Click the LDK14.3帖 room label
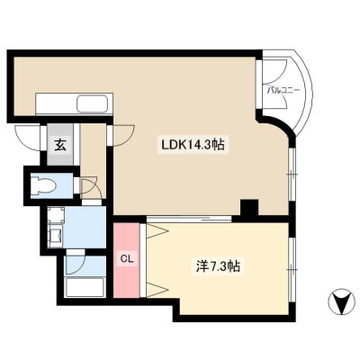193,145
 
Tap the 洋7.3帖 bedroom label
218,265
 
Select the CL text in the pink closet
126,259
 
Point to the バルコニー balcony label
283,91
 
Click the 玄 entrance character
60,146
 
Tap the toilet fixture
44,184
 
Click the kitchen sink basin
92,103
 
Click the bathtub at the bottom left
85,287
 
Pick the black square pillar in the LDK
249,207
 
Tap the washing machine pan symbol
56,215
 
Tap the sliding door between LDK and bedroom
189,219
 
